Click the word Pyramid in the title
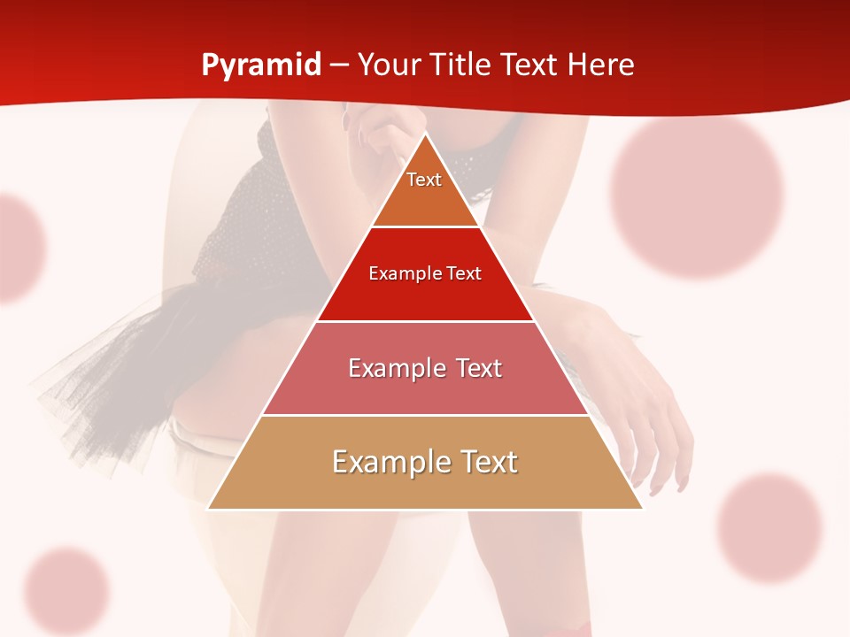261,65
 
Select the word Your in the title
387,65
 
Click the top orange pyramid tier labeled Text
424,190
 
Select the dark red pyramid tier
425,283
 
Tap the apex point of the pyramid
425,134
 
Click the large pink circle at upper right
698,196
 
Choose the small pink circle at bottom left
66,590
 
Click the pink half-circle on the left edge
18,248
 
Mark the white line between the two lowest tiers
425,415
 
